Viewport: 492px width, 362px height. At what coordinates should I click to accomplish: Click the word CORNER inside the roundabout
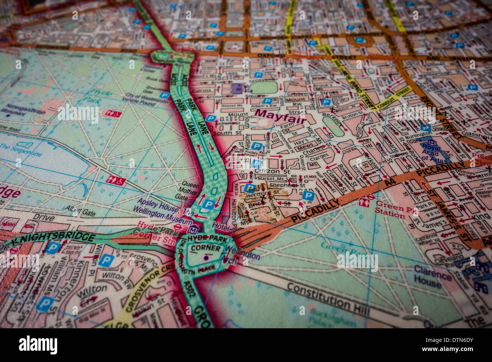point(206,248)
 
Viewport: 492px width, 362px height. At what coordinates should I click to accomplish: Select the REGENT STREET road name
point(439,117)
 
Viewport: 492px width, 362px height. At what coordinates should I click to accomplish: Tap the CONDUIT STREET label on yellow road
point(394,97)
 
